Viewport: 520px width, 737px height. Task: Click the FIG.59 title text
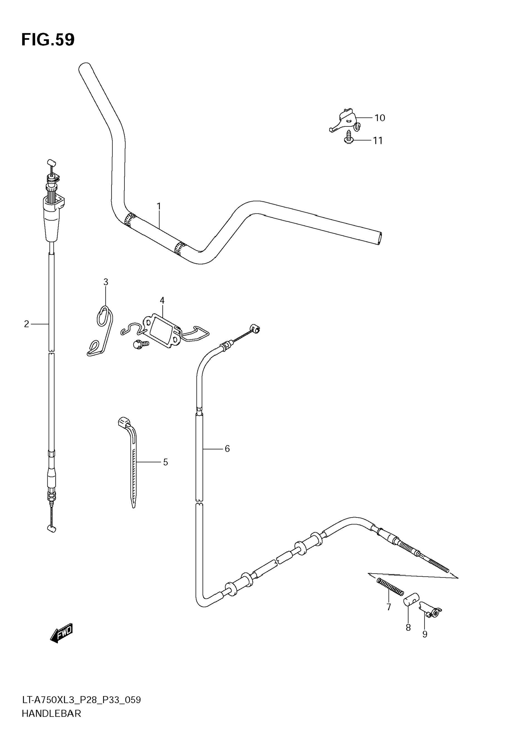(x=48, y=40)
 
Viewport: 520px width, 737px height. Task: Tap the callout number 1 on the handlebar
(x=158, y=206)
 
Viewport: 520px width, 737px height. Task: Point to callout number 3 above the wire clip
(x=106, y=282)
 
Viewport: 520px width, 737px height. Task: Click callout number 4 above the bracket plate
(x=162, y=300)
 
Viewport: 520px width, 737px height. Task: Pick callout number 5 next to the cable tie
(x=165, y=462)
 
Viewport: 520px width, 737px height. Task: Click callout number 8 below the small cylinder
(x=408, y=628)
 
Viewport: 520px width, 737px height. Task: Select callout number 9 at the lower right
(x=425, y=634)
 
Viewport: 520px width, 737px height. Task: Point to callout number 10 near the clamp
(x=380, y=118)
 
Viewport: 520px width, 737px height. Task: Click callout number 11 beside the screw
(x=378, y=141)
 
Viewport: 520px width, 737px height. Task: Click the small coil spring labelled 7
(x=390, y=587)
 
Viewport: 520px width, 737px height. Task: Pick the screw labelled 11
(x=349, y=137)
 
